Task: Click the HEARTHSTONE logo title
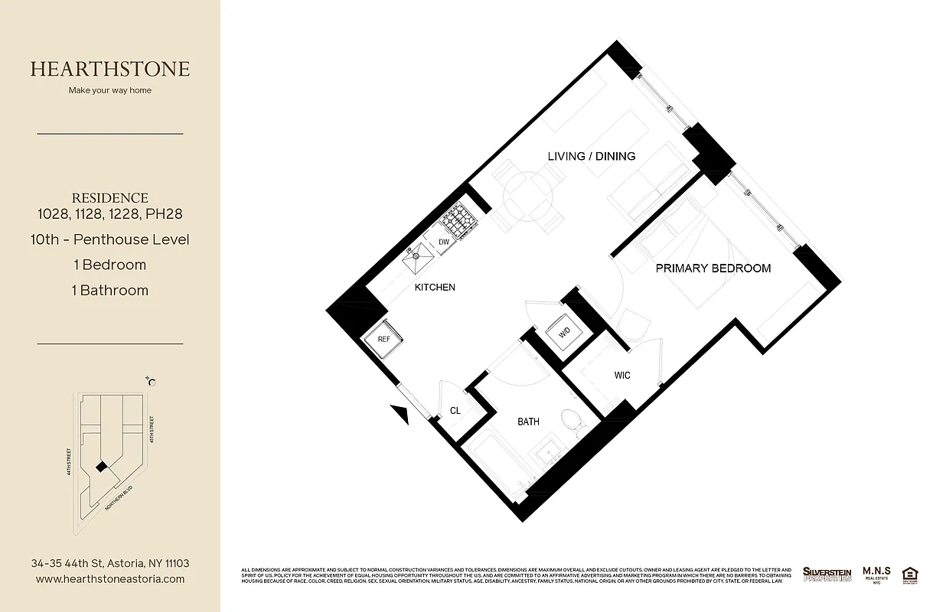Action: pos(110,69)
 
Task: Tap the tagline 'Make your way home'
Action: pos(110,90)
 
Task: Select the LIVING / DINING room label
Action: pos(591,156)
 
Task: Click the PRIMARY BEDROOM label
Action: pos(713,269)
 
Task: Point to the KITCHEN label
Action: pos(435,288)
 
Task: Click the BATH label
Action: pos(528,422)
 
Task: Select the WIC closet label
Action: pos(622,376)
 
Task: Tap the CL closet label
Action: pos(455,411)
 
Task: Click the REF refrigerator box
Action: pos(383,338)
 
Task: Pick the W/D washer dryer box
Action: pos(565,333)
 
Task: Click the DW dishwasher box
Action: pos(444,243)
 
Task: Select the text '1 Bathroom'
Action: pos(110,291)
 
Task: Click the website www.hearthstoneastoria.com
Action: pos(110,579)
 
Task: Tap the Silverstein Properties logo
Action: pos(827,574)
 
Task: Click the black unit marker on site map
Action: pos(99,467)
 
